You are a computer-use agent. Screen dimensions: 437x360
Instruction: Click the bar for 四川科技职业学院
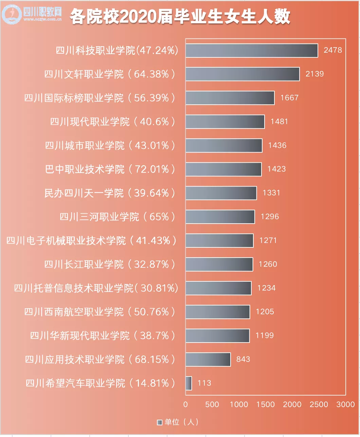(252, 51)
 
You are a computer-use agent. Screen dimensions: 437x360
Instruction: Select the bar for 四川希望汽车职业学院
(189, 383)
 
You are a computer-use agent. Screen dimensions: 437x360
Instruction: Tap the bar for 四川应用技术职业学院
(208, 360)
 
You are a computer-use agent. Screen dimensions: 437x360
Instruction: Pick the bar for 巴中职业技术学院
(223, 169)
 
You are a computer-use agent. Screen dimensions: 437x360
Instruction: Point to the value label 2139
(314, 74)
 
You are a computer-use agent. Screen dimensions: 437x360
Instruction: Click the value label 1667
(289, 98)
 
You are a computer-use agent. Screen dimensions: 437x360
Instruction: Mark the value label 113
(204, 383)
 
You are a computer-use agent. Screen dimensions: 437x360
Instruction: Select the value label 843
(243, 359)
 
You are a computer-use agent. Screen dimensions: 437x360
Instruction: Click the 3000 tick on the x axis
(345, 404)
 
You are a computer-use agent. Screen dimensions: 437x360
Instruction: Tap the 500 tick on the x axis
(212, 404)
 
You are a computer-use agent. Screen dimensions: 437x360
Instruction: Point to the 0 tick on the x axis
(185, 404)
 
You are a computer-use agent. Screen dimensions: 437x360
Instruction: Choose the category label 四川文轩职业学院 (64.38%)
(109, 74)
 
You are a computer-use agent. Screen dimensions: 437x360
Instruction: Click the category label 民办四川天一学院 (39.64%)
(109, 193)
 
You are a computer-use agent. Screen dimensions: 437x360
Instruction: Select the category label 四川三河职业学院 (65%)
(117, 217)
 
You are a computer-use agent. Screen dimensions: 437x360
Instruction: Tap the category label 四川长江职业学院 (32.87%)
(109, 264)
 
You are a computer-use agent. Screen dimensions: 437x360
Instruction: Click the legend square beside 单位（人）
(160, 422)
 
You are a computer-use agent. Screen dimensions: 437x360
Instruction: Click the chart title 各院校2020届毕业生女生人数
(180, 16)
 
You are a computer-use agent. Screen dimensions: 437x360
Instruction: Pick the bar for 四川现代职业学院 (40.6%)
(225, 122)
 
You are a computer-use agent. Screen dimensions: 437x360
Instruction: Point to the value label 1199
(265, 335)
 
